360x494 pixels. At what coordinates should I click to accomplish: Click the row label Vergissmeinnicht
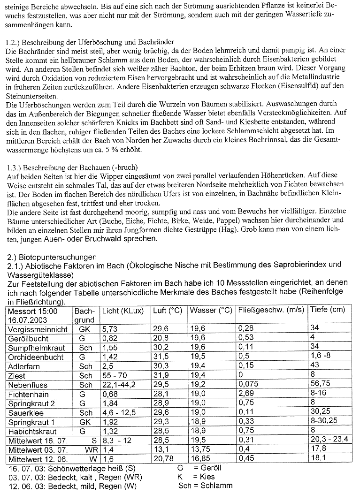[x=38, y=329]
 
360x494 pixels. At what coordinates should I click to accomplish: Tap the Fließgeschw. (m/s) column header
[x=271, y=311]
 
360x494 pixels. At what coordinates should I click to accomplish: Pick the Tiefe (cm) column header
[x=327, y=310]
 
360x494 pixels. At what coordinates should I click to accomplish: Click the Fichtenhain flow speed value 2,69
[x=246, y=394]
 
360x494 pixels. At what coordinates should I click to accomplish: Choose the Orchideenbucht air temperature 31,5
[x=161, y=357]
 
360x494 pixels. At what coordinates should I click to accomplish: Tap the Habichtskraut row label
[x=32, y=432]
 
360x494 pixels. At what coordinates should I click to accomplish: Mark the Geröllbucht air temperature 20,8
[x=161, y=339]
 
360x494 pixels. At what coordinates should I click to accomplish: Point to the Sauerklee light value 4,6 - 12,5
[x=119, y=413]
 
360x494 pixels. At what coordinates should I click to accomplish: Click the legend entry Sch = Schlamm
[x=205, y=486]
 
